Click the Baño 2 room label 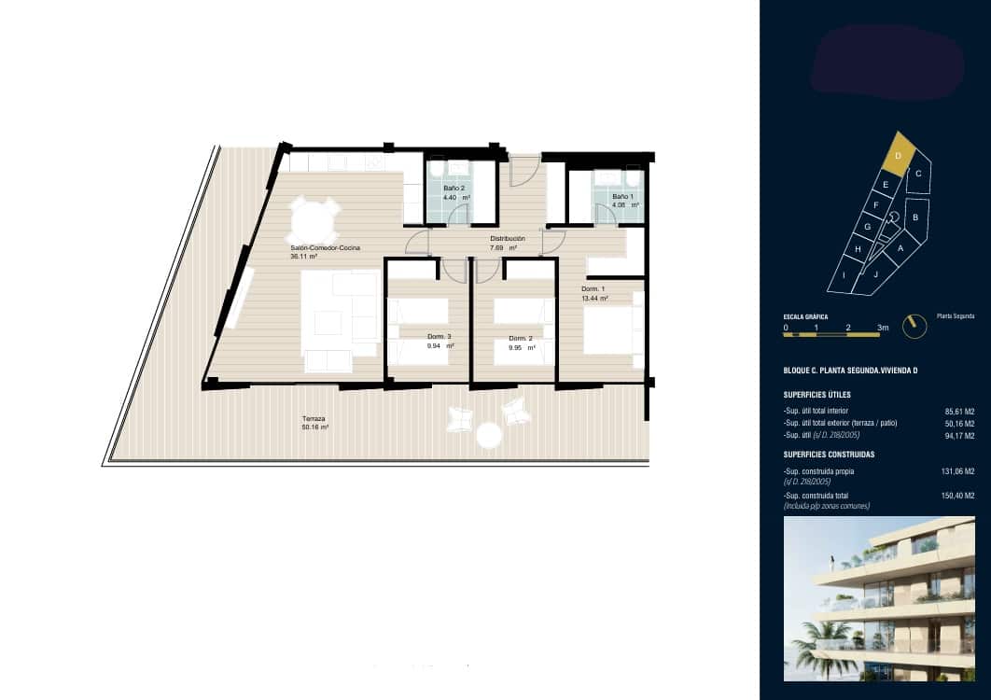(x=454, y=188)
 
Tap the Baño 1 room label (x=622, y=196)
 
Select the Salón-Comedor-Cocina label (x=325, y=247)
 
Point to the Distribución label (x=508, y=239)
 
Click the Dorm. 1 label (x=593, y=289)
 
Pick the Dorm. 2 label (x=521, y=338)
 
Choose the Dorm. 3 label (x=440, y=336)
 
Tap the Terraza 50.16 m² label (x=314, y=419)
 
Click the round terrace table (x=489, y=435)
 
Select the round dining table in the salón (x=313, y=221)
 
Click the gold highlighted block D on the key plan (x=898, y=156)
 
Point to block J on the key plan (x=876, y=274)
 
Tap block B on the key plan (x=915, y=217)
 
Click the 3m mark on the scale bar (x=882, y=329)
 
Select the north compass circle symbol (x=919, y=326)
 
